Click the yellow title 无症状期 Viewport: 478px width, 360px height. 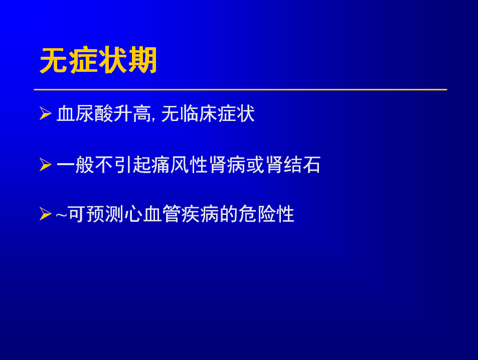(x=98, y=60)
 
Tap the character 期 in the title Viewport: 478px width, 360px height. (x=142, y=60)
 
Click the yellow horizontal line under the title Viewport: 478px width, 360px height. (x=240, y=90)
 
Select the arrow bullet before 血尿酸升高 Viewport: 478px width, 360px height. (x=46, y=113)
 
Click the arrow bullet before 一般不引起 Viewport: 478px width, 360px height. (x=46, y=165)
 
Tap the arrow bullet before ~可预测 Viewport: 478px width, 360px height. (x=46, y=213)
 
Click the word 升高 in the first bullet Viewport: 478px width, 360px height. (x=132, y=114)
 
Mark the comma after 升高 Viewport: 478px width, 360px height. (x=153, y=119)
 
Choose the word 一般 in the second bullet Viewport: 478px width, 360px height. (x=75, y=165)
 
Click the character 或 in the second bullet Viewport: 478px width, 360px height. (x=255, y=165)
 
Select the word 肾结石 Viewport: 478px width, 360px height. (x=293, y=165)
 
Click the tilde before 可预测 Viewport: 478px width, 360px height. (x=61, y=215)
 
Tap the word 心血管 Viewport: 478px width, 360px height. (x=152, y=214)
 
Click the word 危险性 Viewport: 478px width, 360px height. (x=266, y=214)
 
